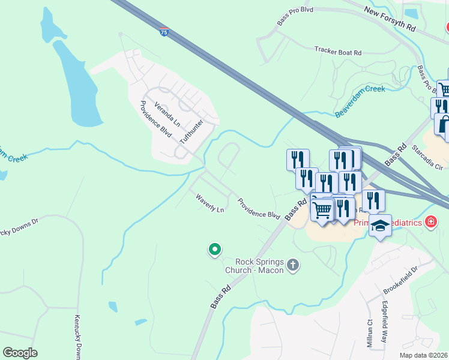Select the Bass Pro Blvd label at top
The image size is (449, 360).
click(x=295, y=17)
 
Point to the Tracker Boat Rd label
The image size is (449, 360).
click(x=338, y=52)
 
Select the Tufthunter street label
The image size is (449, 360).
click(x=191, y=131)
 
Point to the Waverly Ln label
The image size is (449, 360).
click(x=209, y=202)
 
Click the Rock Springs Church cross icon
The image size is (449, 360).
click(x=293, y=265)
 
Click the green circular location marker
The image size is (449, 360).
click(x=214, y=250)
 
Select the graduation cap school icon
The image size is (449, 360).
click(x=380, y=226)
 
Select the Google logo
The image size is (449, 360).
click(x=20, y=353)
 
